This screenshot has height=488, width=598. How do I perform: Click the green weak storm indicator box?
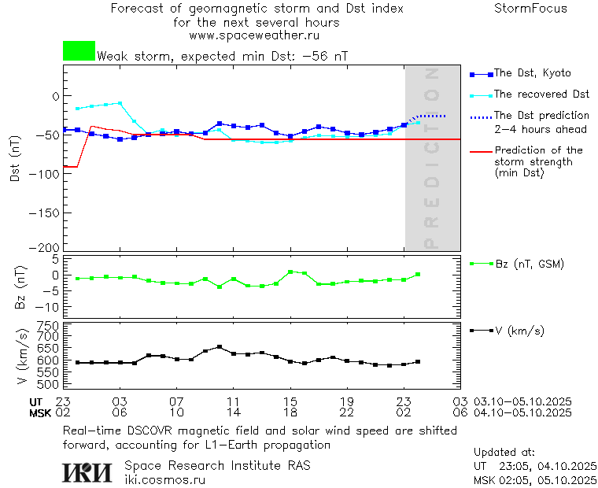(x=79, y=51)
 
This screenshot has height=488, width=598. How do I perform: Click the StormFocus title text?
(x=530, y=9)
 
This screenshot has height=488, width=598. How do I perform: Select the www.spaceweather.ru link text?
(x=254, y=35)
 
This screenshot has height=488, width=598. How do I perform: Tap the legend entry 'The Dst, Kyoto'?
(x=532, y=73)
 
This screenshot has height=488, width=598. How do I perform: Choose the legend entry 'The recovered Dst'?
(x=541, y=94)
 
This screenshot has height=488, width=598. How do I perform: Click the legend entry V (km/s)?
(x=519, y=331)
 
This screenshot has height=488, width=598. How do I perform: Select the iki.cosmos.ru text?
(x=165, y=479)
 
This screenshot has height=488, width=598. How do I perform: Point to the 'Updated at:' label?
(x=504, y=453)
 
